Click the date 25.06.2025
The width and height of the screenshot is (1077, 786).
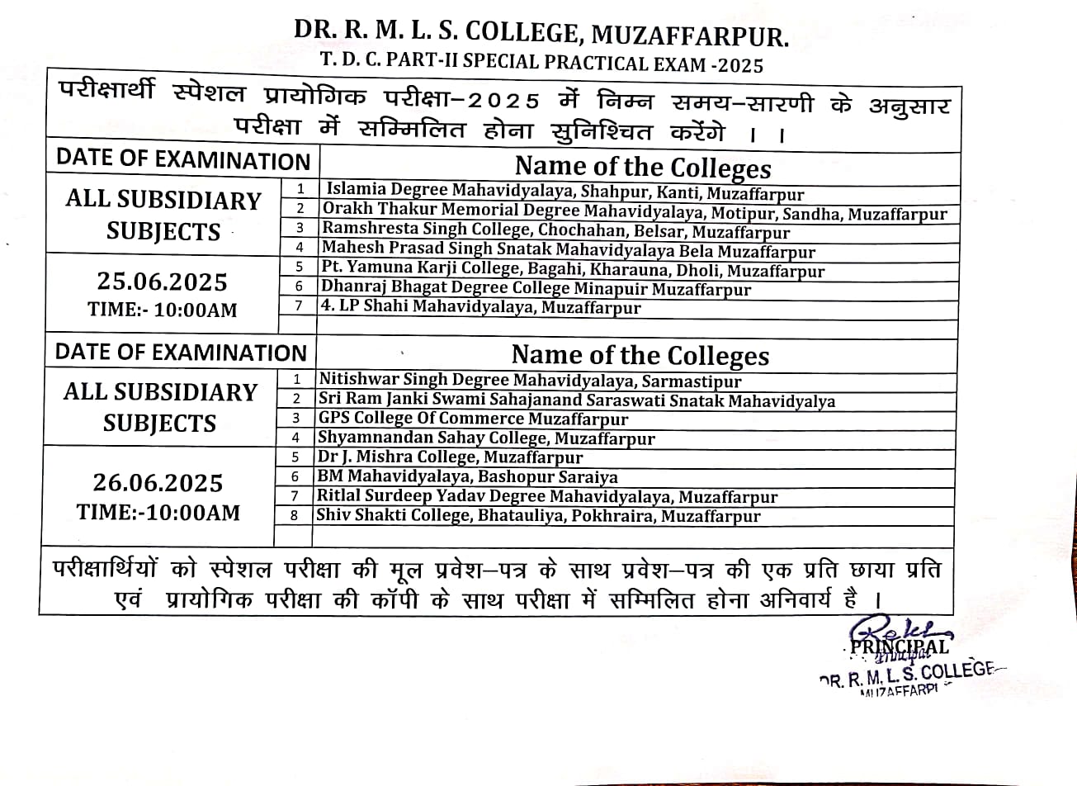coord(162,282)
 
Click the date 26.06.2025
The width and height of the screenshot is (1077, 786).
coord(158,482)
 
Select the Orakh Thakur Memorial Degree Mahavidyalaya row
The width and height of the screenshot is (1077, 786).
coord(634,212)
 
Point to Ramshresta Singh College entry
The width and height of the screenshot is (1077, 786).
coord(555,231)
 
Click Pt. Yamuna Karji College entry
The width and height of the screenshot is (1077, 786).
coord(573,270)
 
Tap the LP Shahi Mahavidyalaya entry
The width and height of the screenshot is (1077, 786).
coord(480,308)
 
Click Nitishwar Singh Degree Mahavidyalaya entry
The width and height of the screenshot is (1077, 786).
coord(530,381)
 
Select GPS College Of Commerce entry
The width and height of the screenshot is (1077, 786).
coord(473,419)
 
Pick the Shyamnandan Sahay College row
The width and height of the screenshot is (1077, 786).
coord(486,438)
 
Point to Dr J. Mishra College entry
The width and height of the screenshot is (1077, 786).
coord(450,457)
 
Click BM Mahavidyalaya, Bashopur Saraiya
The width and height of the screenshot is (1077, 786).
coord(467,476)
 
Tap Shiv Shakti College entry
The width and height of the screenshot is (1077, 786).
coord(538,516)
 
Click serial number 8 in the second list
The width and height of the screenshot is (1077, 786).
coord(295,516)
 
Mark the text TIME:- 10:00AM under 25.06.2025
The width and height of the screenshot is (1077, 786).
coord(163,310)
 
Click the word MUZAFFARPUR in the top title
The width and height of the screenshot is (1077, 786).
coord(691,35)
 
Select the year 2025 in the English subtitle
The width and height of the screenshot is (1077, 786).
coord(739,64)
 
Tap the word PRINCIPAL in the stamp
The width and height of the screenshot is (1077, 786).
coord(900,646)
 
